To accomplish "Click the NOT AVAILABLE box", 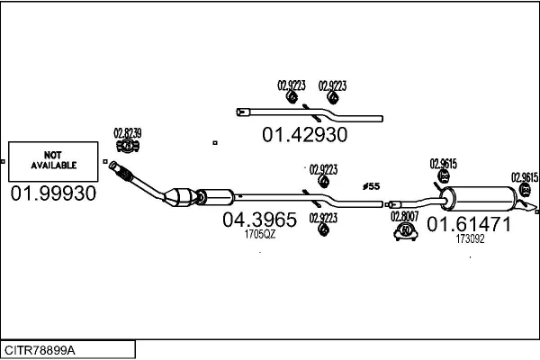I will [x=54, y=161].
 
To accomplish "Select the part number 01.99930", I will [x=53, y=193].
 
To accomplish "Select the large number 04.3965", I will [x=259, y=220].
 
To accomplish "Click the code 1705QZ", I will [x=259, y=234].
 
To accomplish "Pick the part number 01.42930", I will [x=304, y=135].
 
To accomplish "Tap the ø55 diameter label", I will [x=371, y=185].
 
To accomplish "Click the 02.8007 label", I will [x=404, y=216].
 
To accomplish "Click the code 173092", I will [x=470, y=239].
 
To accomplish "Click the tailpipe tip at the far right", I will [x=534, y=210].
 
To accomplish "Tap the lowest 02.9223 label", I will [x=323, y=217].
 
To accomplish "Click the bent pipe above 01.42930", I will [x=306, y=114].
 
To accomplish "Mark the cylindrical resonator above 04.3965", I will [x=217, y=194].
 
